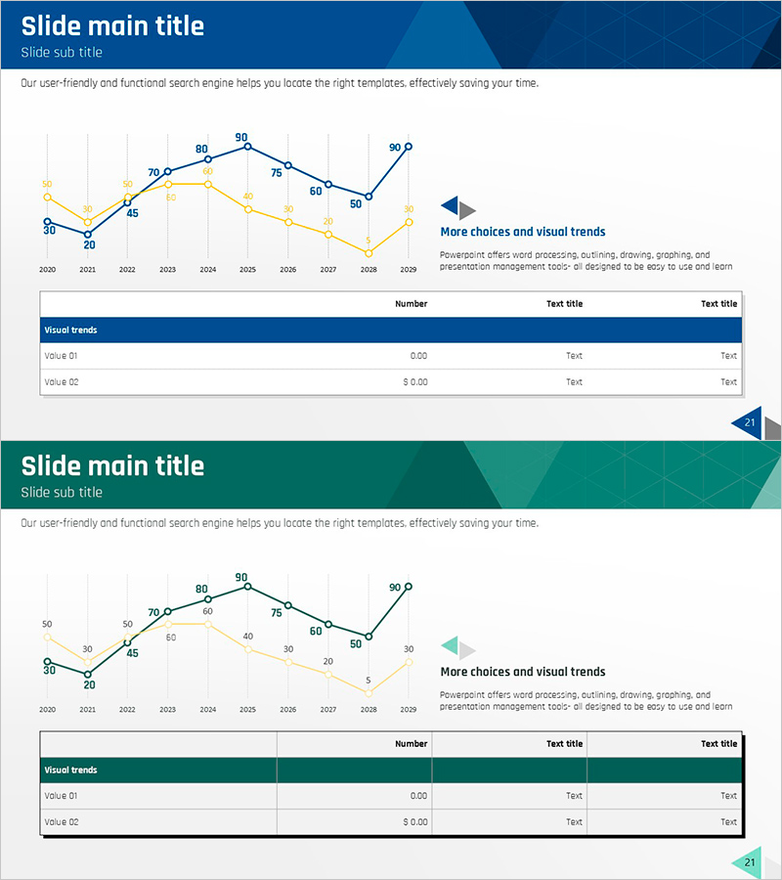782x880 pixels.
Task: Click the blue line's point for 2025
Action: [247, 147]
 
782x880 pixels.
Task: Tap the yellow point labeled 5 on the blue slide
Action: [369, 253]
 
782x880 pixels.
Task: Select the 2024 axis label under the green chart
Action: [207, 709]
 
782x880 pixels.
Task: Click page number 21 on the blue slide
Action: [750, 422]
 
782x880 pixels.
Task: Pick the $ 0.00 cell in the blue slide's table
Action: [415, 382]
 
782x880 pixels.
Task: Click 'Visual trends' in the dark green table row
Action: [71, 770]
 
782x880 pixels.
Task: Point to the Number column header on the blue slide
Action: [411, 304]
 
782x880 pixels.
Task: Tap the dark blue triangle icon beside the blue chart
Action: [450, 206]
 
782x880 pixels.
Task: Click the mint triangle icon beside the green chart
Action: [450, 646]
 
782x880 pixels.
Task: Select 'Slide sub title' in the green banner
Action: [62, 492]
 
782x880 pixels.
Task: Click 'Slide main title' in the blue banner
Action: [112, 26]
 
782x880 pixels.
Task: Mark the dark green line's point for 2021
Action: [88, 674]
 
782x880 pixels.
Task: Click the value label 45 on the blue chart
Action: [132, 213]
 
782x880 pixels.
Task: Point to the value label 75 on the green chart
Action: [277, 613]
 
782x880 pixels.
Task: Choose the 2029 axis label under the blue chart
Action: [409, 269]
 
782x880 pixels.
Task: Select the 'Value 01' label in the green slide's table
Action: [61, 796]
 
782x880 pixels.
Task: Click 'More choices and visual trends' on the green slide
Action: [523, 672]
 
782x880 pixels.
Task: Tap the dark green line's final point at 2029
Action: [409, 587]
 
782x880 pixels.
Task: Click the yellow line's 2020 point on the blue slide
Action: [47, 198]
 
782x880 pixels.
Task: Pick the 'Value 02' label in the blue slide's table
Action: [61, 382]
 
